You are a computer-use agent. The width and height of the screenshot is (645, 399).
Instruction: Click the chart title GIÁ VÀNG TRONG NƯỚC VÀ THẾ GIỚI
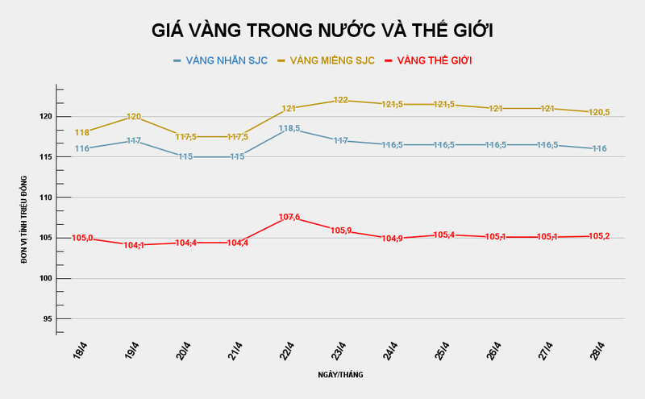pyautogui.click(x=322, y=31)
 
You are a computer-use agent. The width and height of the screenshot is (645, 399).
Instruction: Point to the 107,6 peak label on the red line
pyautogui.click(x=289, y=217)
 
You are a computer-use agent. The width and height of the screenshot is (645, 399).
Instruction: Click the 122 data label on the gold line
pyautogui.click(x=340, y=100)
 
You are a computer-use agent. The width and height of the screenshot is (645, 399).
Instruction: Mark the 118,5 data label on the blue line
pyautogui.click(x=289, y=128)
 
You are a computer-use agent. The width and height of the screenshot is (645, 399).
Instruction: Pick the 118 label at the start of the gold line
pyautogui.click(x=82, y=132)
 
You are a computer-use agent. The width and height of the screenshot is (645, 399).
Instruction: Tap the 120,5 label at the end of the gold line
pyautogui.click(x=598, y=112)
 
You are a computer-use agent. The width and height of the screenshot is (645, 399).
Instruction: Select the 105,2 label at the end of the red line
pyautogui.click(x=598, y=236)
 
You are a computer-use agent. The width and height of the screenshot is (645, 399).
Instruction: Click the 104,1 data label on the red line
pyautogui.click(x=134, y=245)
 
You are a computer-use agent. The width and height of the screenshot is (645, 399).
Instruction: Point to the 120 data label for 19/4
pyautogui.click(x=134, y=117)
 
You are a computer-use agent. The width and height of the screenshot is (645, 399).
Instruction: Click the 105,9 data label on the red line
pyautogui.click(x=340, y=231)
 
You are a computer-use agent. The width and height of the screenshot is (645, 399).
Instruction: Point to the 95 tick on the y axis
pyautogui.click(x=46, y=318)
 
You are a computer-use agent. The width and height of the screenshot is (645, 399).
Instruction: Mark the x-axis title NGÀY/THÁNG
pyautogui.click(x=339, y=375)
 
